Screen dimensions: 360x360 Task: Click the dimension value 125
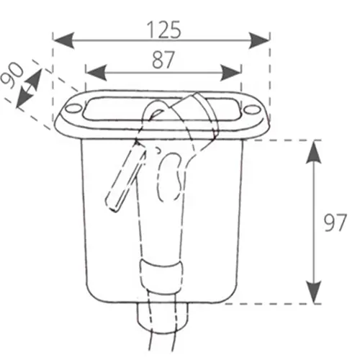tap(163, 30)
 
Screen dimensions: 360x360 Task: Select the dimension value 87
tap(163, 60)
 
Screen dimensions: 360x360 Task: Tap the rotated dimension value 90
tap(13, 75)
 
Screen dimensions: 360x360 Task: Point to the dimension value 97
tap(335, 222)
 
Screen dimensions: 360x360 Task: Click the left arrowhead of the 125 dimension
tap(63, 40)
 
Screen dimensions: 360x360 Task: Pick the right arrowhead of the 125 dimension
tap(259, 40)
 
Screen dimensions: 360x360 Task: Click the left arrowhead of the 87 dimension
tap(96, 72)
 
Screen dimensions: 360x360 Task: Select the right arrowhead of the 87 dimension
tap(230, 72)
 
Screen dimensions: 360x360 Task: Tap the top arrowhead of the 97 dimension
tap(314, 153)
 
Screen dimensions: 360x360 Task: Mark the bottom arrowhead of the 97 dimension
tap(314, 292)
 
